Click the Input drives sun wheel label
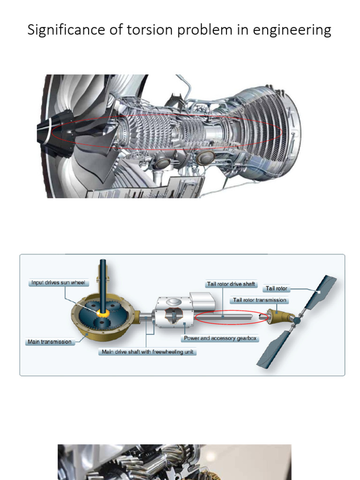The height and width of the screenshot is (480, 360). (58, 283)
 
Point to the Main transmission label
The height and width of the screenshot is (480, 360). (49, 342)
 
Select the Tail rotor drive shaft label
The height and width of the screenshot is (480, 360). (231, 284)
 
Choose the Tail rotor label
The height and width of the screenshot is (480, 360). (277, 289)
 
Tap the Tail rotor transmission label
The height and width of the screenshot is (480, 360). (259, 300)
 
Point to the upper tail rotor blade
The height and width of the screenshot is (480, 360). (321, 291)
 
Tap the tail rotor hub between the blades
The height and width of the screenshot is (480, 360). (296, 320)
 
